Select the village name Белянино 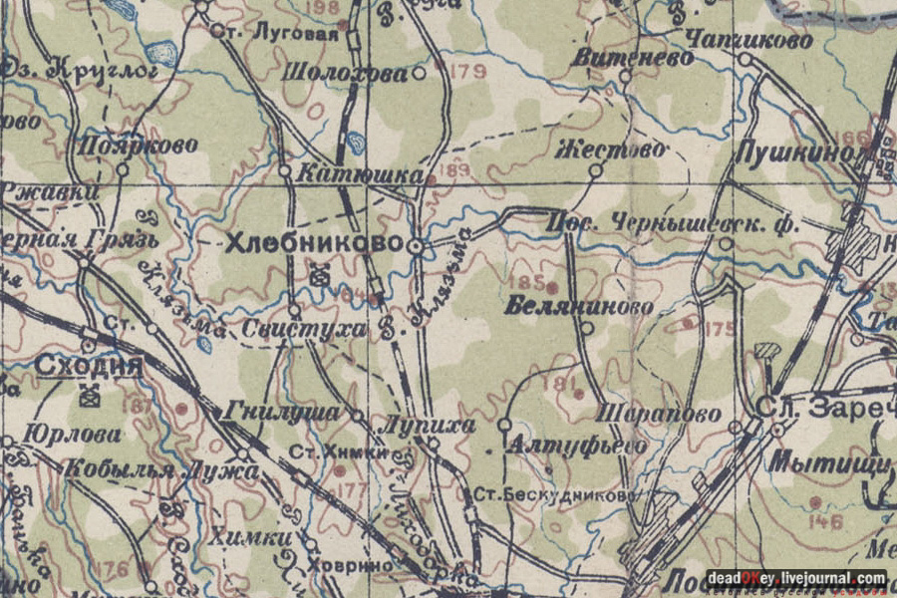tap(579, 306)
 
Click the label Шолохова tap(345, 73)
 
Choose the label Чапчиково tap(748, 40)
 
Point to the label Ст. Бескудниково tap(554, 494)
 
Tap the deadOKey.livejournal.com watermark tap(796, 578)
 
